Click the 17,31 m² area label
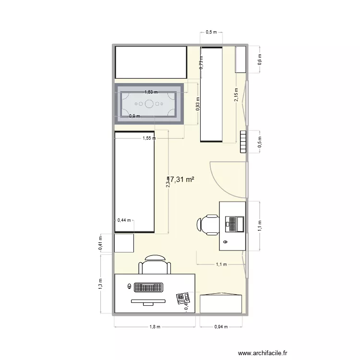point(180,179)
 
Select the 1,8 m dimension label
point(154,327)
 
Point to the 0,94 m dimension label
point(220,327)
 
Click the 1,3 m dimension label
point(100,284)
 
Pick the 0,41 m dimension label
point(100,242)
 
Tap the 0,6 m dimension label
point(260,59)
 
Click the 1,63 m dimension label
point(152,92)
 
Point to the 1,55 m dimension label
point(149,138)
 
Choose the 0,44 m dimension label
point(124,220)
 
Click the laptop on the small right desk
point(234,224)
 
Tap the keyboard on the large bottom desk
point(149,287)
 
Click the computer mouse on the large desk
point(130,287)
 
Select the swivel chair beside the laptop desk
point(207,224)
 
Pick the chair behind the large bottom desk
point(155,264)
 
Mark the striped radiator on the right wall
point(243,142)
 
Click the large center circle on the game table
point(149,103)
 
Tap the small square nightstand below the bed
point(124,243)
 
